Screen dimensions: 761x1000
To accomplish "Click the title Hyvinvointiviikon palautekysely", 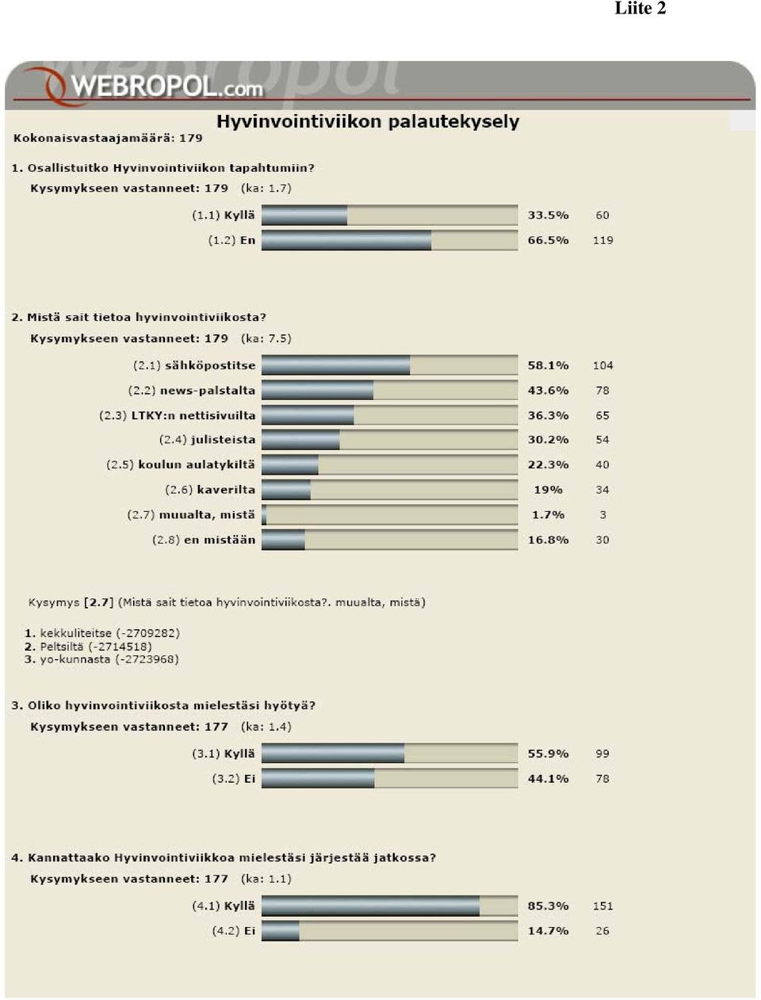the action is click(x=368, y=122).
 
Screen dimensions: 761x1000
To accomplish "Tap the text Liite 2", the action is click(x=641, y=8).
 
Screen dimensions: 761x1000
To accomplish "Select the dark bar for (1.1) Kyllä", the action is click(x=304, y=215).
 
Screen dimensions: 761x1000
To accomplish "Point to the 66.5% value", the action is click(x=549, y=240).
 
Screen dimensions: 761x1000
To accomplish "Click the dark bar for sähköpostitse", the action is click(x=336, y=365).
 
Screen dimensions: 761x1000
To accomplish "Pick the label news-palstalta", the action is click(x=208, y=391).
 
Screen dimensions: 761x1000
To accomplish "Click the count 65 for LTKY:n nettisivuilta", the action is click(x=602, y=415).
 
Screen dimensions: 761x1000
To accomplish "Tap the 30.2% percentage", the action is click(x=549, y=440).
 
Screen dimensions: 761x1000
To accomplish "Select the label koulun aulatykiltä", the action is click(x=197, y=464).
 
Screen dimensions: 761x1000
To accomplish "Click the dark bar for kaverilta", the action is click(x=286, y=490).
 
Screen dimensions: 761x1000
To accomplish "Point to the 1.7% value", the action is click(x=549, y=515).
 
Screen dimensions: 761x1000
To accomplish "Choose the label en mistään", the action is click(x=220, y=540).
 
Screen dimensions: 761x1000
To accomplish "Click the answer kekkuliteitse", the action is click(x=75, y=633).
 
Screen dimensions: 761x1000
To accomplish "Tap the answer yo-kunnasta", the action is click(x=75, y=659).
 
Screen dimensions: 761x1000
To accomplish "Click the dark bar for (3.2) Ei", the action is click(x=318, y=778).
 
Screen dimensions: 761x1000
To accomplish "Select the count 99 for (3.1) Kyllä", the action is click(x=602, y=753).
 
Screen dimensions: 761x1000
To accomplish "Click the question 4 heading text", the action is click(x=224, y=857).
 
